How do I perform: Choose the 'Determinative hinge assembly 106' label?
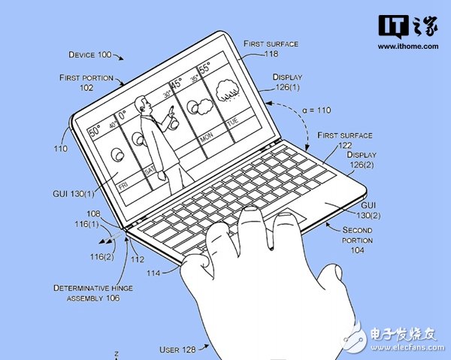coord(86,292)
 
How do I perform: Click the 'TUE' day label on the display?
coord(232,121)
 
